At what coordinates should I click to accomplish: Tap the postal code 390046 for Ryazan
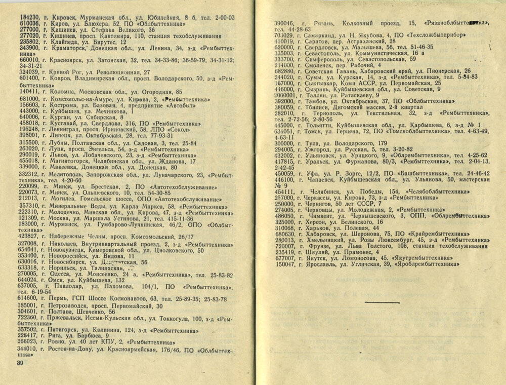click(285, 23)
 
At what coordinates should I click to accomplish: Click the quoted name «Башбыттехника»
click(391, 173)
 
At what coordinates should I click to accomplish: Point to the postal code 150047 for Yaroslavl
click(284, 264)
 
